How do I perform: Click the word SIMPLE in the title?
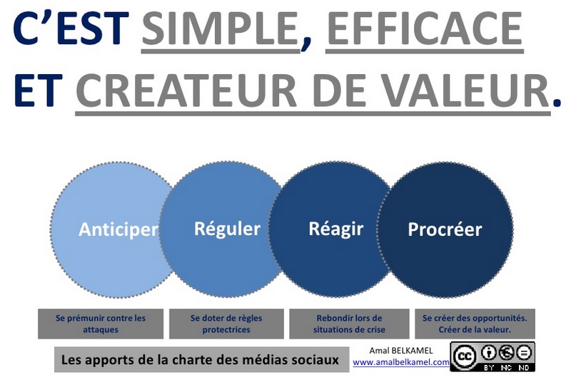point(220,28)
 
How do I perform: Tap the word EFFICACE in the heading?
point(425,28)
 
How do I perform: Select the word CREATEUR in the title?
point(186,90)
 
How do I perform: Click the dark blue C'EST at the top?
point(71,28)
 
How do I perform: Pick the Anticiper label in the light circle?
point(118,229)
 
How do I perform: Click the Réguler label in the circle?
point(227,229)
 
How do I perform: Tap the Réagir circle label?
point(335,229)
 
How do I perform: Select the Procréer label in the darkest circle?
point(445,229)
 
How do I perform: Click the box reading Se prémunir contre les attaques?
point(101,324)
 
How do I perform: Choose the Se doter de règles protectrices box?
point(226,324)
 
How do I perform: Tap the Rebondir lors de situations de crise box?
point(349,324)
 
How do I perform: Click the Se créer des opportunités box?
point(475,324)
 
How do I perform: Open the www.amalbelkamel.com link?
point(401,362)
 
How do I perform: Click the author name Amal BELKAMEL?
point(400,351)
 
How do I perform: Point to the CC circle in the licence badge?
point(464,357)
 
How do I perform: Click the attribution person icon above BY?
point(489,353)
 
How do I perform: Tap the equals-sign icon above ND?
point(524,353)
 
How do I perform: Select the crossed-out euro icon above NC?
point(507,353)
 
